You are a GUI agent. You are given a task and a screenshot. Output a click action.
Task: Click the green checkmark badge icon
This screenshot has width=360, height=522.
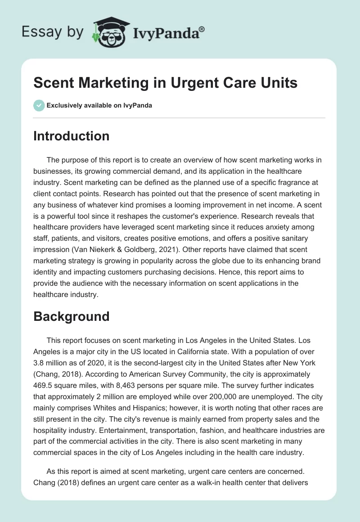tap(39, 105)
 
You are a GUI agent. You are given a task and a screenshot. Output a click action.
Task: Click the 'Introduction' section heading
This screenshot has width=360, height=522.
tap(71, 136)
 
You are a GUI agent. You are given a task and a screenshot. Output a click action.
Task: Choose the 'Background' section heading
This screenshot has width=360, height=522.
tap(71, 316)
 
